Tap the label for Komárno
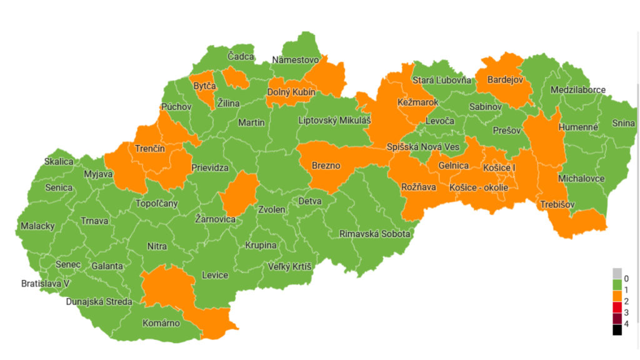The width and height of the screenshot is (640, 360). click(x=161, y=323)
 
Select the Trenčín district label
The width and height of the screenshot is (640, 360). click(x=150, y=148)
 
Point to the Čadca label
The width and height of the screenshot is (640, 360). click(x=241, y=56)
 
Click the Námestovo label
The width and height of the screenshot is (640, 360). click(x=296, y=60)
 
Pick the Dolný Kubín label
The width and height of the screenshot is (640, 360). click(x=291, y=92)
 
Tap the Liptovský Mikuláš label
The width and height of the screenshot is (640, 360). click(x=335, y=120)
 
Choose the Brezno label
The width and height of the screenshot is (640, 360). click(x=325, y=166)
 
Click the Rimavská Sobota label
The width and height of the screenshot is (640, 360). click(x=374, y=234)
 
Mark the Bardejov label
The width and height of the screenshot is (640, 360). click(x=504, y=80)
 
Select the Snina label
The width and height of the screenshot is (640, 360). click(x=622, y=123)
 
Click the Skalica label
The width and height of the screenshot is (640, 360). click(x=59, y=161)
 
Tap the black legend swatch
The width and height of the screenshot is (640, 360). click(x=617, y=329)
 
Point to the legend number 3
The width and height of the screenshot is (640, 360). click(x=626, y=312)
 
